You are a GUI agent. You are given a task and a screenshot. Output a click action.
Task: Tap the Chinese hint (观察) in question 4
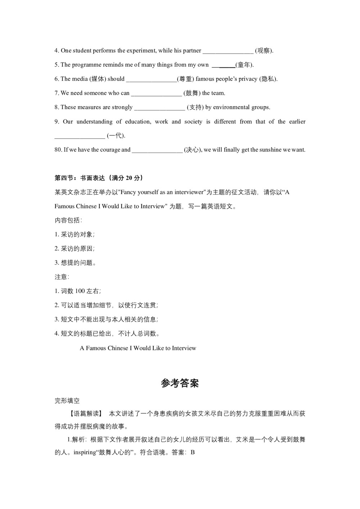264,51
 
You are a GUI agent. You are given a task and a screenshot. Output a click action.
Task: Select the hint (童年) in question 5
244,65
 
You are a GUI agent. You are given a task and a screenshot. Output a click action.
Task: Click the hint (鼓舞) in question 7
192,93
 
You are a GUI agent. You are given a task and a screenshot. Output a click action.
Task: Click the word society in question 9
193,122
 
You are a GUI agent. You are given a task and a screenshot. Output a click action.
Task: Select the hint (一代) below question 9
116,136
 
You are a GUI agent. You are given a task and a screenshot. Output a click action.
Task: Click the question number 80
58,150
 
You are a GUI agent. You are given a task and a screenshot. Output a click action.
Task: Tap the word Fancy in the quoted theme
129,192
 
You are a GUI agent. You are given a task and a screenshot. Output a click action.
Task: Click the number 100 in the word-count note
80,291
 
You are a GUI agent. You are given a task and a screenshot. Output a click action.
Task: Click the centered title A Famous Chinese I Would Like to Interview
138,348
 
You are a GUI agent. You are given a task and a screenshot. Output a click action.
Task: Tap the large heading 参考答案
180,383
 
